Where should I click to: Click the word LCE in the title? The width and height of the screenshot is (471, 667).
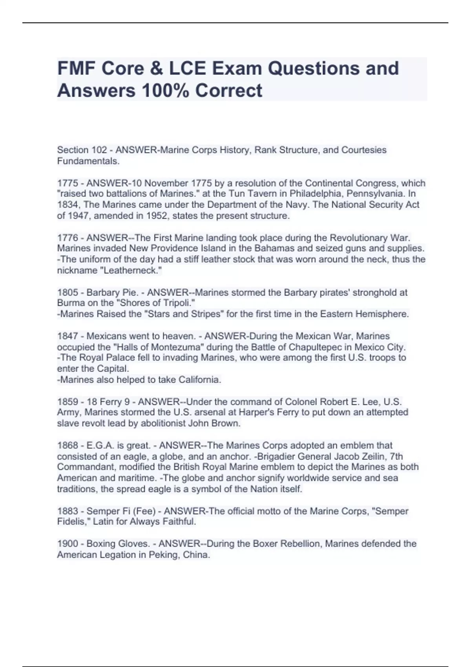(x=187, y=68)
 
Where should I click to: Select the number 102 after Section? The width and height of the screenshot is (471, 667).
(x=99, y=150)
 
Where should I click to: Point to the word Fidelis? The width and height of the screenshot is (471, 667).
(x=73, y=522)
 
